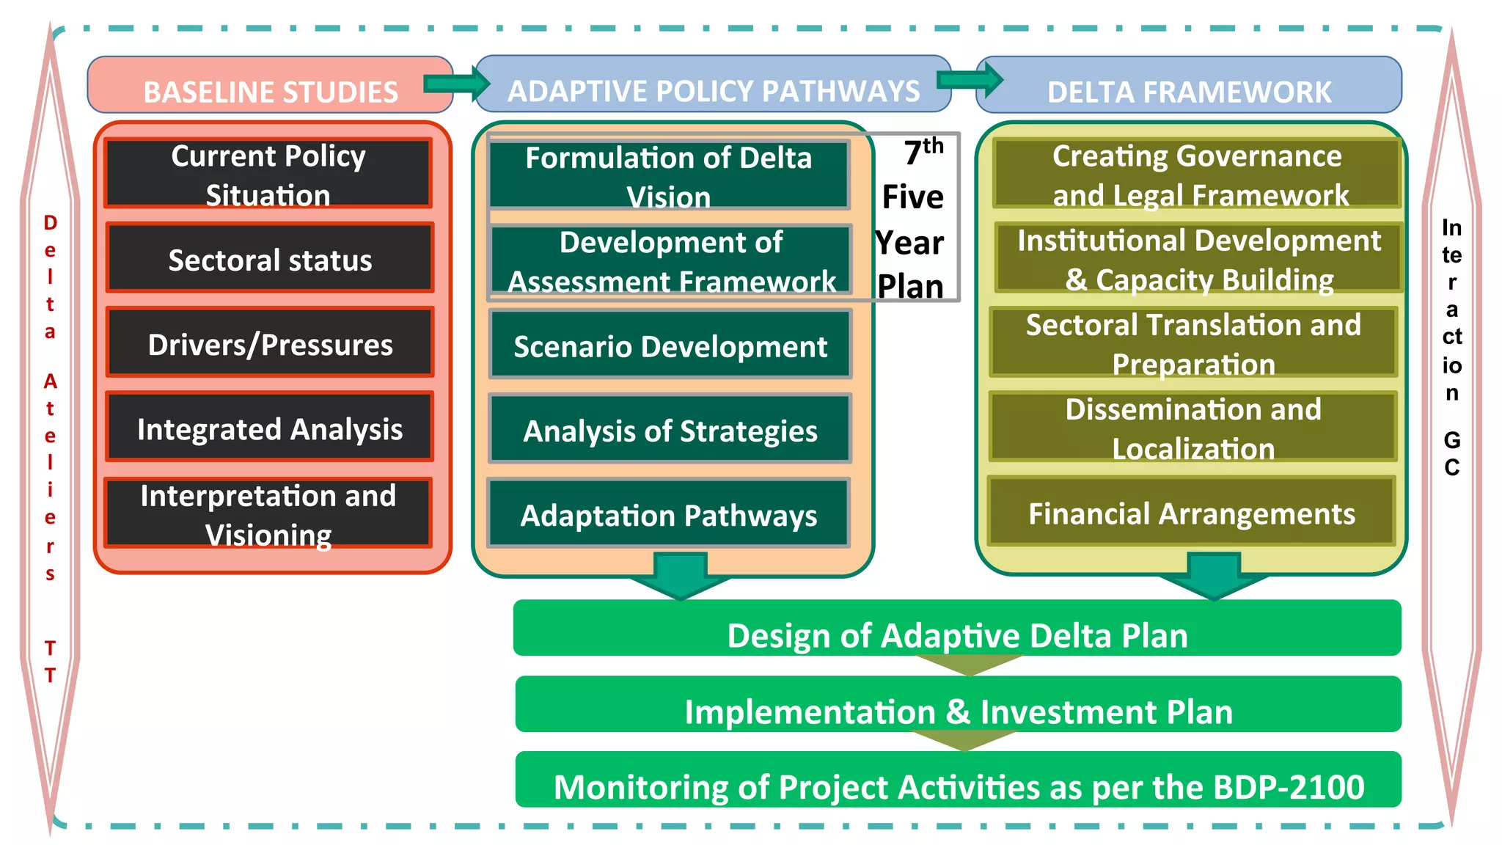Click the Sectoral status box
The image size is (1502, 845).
(270, 259)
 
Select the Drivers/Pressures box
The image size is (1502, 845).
(270, 343)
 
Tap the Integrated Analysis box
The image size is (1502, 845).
(270, 428)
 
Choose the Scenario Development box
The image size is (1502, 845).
(670, 345)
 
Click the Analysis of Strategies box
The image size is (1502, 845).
(670, 430)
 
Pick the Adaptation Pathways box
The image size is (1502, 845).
(668, 514)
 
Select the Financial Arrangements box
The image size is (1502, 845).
(1191, 513)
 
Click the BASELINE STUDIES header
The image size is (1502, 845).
(270, 91)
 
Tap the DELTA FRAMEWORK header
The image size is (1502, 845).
(1188, 91)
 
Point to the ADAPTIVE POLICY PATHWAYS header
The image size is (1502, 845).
(713, 90)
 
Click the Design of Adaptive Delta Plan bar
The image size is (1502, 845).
(957, 634)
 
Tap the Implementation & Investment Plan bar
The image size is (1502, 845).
(958, 710)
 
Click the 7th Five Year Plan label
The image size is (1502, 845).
(912, 219)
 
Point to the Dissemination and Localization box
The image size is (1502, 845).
(1193, 428)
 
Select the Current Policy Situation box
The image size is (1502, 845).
(268, 174)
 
